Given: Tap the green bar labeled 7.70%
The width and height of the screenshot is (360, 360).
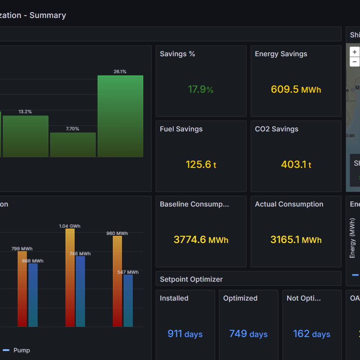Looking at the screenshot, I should coord(73,144).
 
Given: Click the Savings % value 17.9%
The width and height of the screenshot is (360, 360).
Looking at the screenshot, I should coord(201,90).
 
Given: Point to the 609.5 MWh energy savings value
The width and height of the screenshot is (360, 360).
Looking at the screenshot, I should coord(296,90).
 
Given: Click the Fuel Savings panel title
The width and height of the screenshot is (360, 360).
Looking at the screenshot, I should coord(181,129).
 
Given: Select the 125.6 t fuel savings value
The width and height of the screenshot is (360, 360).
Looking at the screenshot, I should coord(201,165).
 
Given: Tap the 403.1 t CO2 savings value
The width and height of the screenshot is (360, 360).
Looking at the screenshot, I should coord(296,165).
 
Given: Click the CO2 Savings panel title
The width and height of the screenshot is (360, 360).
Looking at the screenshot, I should coord(276,129).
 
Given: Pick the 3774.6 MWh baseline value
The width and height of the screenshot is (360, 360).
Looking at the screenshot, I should coord(201,240).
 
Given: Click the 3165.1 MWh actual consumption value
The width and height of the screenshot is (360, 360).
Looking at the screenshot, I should coord(296,240).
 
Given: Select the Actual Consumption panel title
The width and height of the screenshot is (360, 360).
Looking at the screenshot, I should coord(289,204).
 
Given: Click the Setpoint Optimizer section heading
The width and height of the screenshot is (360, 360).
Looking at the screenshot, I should coord(191,279).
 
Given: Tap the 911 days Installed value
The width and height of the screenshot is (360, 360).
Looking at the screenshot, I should coord(185,334).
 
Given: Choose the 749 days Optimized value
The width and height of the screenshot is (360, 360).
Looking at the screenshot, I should coord(248,334).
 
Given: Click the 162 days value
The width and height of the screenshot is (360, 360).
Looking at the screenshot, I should coord(311,334).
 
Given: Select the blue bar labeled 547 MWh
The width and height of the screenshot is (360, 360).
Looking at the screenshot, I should coord(128,300).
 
